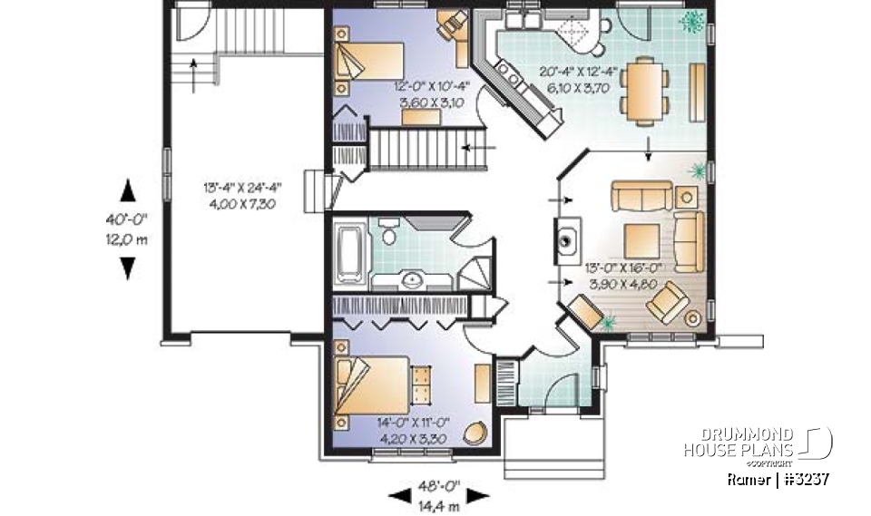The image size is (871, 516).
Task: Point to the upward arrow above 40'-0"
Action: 128,189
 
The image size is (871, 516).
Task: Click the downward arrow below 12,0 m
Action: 128,268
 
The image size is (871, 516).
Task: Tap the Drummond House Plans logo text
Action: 739,443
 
